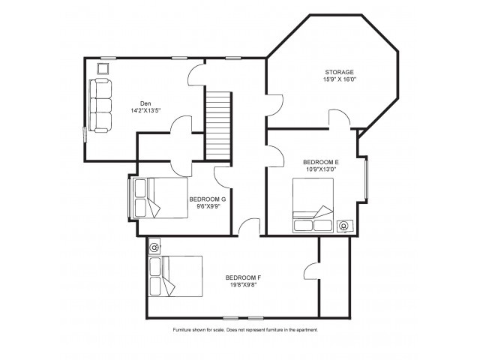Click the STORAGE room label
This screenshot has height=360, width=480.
tap(339, 72)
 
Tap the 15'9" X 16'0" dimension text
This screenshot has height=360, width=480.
tap(340, 79)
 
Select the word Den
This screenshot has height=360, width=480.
tap(145, 103)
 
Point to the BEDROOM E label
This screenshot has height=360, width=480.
tap(321, 162)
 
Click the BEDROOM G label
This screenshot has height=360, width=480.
tap(208, 199)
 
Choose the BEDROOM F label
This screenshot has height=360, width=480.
tap(243, 277)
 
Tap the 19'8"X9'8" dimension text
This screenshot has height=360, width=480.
tap(243, 285)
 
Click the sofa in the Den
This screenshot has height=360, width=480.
tap(100, 106)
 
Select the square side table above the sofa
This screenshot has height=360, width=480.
tap(103, 68)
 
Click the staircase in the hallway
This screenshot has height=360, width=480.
tap(218, 125)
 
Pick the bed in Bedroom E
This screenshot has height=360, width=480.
tap(313, 205)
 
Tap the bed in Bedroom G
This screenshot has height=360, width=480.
tap(158, 198)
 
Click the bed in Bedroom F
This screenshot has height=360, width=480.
tap(175, 276)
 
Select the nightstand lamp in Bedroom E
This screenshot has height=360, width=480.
tap(344, 226)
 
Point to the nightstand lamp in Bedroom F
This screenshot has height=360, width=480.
tap(155, 247)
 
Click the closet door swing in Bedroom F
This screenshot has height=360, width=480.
tap(312, 271)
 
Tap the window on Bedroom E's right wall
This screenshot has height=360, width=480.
tap(365, 178)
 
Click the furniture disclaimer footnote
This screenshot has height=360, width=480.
tap(245, 330)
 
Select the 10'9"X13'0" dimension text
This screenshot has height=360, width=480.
tap(321, 169)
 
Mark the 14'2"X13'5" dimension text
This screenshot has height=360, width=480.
tap(145, 111)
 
